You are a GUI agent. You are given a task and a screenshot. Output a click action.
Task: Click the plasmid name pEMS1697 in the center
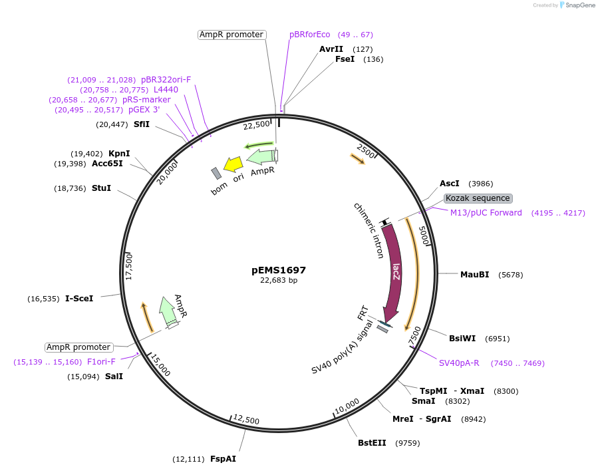279,270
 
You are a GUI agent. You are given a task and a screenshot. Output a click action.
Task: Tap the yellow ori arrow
233,164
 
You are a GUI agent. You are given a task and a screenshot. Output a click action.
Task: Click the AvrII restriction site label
331,49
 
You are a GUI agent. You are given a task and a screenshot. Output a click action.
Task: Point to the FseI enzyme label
345,59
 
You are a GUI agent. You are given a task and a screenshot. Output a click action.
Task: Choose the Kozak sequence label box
478,198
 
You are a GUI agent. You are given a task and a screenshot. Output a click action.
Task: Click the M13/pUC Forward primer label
486,213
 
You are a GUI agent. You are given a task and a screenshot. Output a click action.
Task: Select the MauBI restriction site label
474,274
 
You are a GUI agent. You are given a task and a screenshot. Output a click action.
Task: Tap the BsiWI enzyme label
462,339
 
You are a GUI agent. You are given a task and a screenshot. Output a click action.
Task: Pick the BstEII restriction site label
372,443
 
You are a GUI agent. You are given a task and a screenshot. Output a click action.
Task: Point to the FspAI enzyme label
223,459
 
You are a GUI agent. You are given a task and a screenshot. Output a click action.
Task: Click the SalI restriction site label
114,377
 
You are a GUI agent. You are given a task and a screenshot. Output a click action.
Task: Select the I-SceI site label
79,299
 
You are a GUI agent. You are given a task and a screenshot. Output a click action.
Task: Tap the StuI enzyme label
101,188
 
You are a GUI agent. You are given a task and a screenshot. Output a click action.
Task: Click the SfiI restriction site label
141,124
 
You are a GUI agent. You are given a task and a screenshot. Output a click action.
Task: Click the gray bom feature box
216,174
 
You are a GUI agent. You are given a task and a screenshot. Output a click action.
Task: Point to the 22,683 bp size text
279,281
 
